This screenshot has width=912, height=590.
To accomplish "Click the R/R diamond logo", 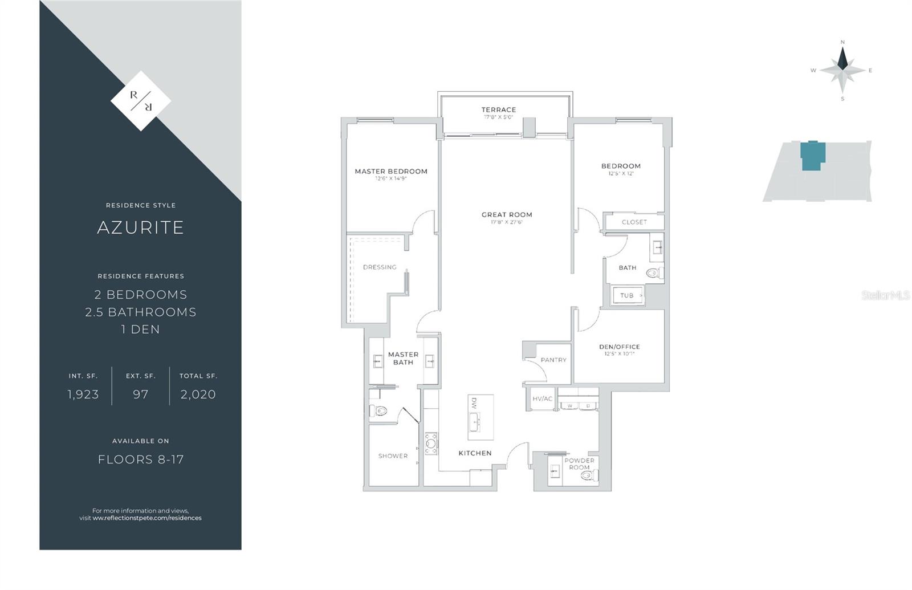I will [141, 101].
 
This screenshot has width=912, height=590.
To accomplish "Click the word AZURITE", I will [141, 227].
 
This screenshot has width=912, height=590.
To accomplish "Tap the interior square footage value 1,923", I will [83, 394].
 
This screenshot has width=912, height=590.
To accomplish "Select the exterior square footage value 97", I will [141, 394].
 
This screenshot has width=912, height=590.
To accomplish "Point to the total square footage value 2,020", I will [198, 394].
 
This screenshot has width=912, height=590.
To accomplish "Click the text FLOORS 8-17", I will [141, 459].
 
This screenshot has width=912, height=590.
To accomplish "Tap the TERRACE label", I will [499, 110].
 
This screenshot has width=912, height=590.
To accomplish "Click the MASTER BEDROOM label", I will [391, 172].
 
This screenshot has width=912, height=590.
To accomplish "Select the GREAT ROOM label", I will [507, 215].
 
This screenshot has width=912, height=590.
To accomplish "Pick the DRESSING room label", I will [380, 267].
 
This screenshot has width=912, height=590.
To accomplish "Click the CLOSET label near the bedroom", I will [634, 222].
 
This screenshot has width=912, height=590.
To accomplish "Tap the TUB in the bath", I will [628, 296].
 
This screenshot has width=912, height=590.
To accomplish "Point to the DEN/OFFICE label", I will [620, 347].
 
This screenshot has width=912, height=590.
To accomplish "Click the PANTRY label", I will [553, 360].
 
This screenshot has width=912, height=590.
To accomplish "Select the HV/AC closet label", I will [542, 399].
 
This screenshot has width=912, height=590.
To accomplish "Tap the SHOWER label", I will [393, 456].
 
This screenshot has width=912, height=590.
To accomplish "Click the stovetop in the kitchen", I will [431, 443].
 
